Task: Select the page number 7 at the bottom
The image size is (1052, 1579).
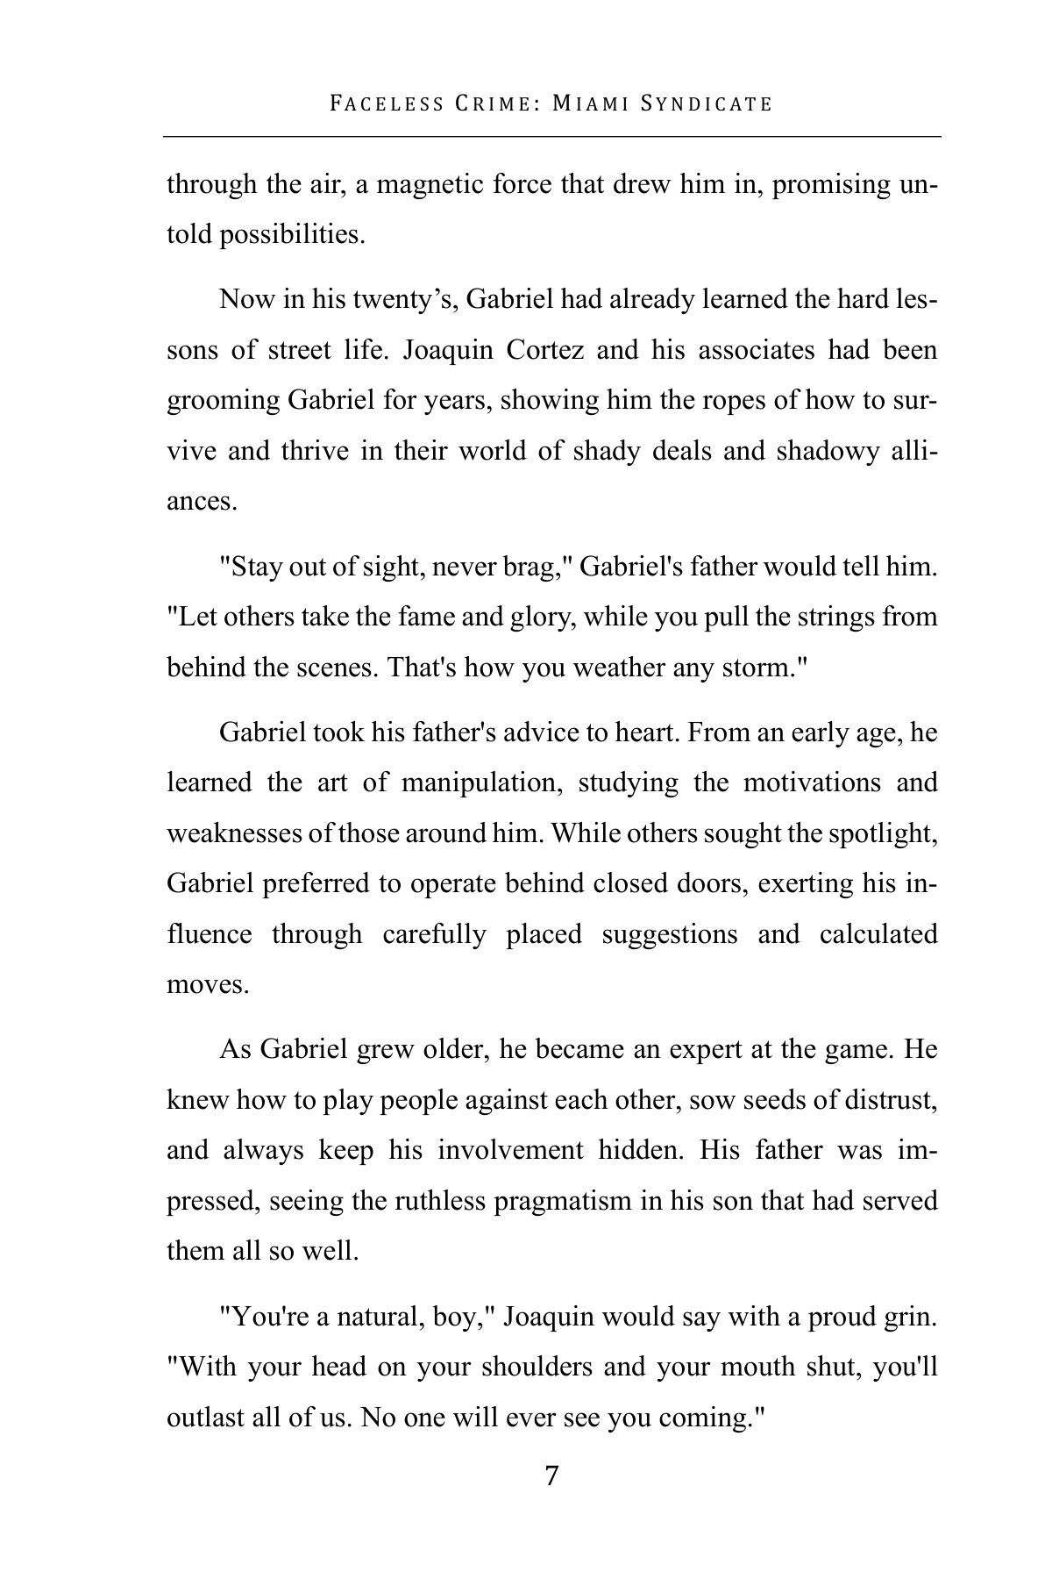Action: (x=551, y=1475)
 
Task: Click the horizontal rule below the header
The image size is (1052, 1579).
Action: (x=551, y=136)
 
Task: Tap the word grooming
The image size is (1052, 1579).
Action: (x=223, y=401)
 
